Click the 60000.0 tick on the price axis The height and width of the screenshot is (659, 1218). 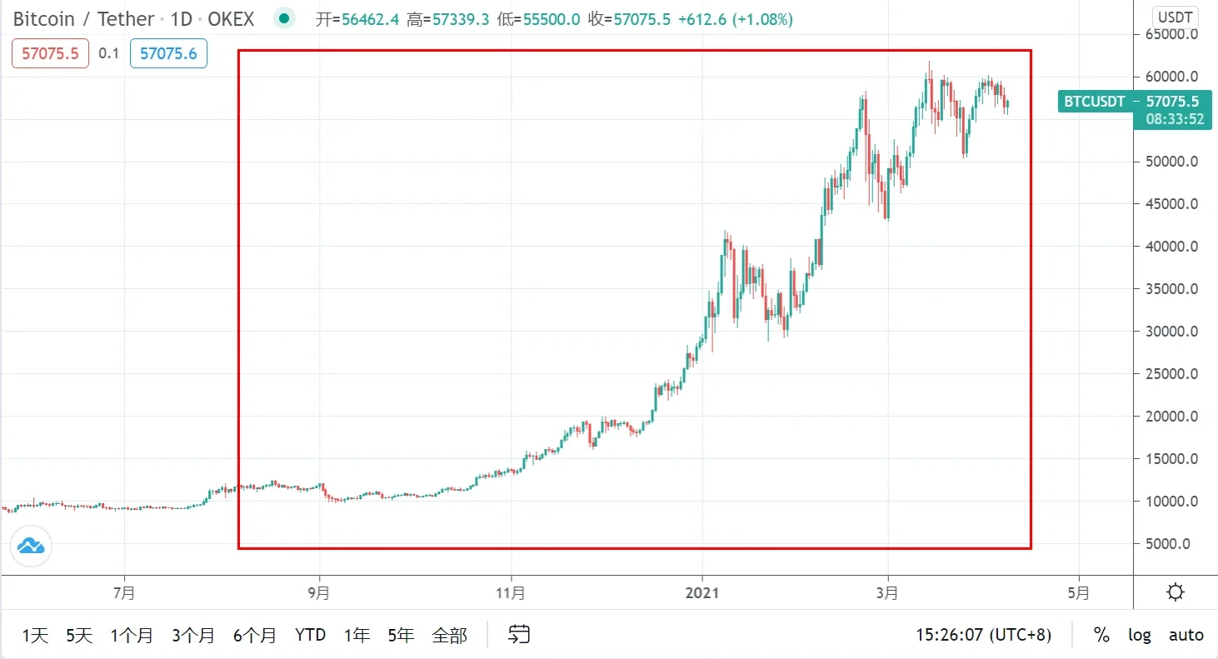pyautogui.click(x=1173, y=77)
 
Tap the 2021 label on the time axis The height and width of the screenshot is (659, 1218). pyautogui.click(x=702, y=593)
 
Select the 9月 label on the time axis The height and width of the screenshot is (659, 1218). pyautogui.click(x=318, y=593)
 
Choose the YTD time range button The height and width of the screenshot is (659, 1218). pyautogui.click(x=310, y=635)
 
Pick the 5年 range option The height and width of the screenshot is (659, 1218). pyautogui.click(x=401, y=635)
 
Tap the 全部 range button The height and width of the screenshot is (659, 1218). pyautogui.click(x=449, y=635)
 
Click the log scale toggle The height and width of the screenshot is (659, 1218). pyautogui.click(x=1140, y=635)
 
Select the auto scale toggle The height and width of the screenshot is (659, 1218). pyautogui.click(x=1186, y=635)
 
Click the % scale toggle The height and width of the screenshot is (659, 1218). pyautogui.click(x=1101, y=635)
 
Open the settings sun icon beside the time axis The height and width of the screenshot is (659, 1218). pyautogui.click(x=1176, y=593)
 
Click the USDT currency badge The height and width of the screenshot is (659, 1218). pyautogui.click(x=1175, y=17)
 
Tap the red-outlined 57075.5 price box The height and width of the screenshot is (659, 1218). pyautogui.click(x=50, y=54)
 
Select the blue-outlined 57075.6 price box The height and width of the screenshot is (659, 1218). pyautogui.click(x=168, y=54)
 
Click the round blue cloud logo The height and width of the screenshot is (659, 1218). pyautogui.click(x=32, y=547)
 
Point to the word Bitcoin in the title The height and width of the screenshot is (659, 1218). pyautogui.click(x=44, y=19)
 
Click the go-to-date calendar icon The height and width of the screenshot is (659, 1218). pyautogui.click(x=519, y=635)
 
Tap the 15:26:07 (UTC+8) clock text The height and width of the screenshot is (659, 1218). pyautogui.click(x=983, y=635)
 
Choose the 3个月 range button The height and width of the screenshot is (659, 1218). pyautogui.click(x=193, y=635)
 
